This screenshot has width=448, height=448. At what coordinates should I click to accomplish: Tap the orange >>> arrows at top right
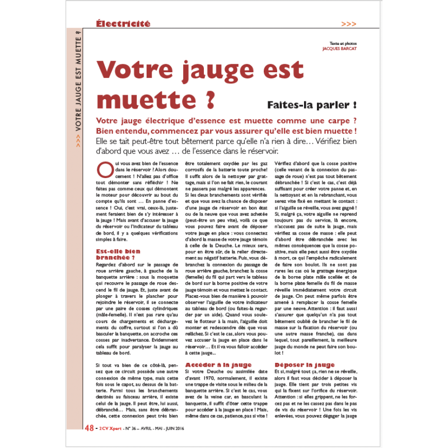click(x=348, y=24)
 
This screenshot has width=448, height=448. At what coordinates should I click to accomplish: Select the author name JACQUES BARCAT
click(x=340, y=49)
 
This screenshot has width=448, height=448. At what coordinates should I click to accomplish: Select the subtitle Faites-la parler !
click(x=312, y=105)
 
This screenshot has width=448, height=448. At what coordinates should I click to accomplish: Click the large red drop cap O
click(x=105, y=169)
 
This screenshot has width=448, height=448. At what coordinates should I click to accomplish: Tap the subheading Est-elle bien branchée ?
click(x=118, y=255)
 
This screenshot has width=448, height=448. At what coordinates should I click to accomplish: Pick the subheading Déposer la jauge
click(x=305, y=365)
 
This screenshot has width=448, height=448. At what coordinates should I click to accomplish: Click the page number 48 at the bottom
click(x=89, y=429)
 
